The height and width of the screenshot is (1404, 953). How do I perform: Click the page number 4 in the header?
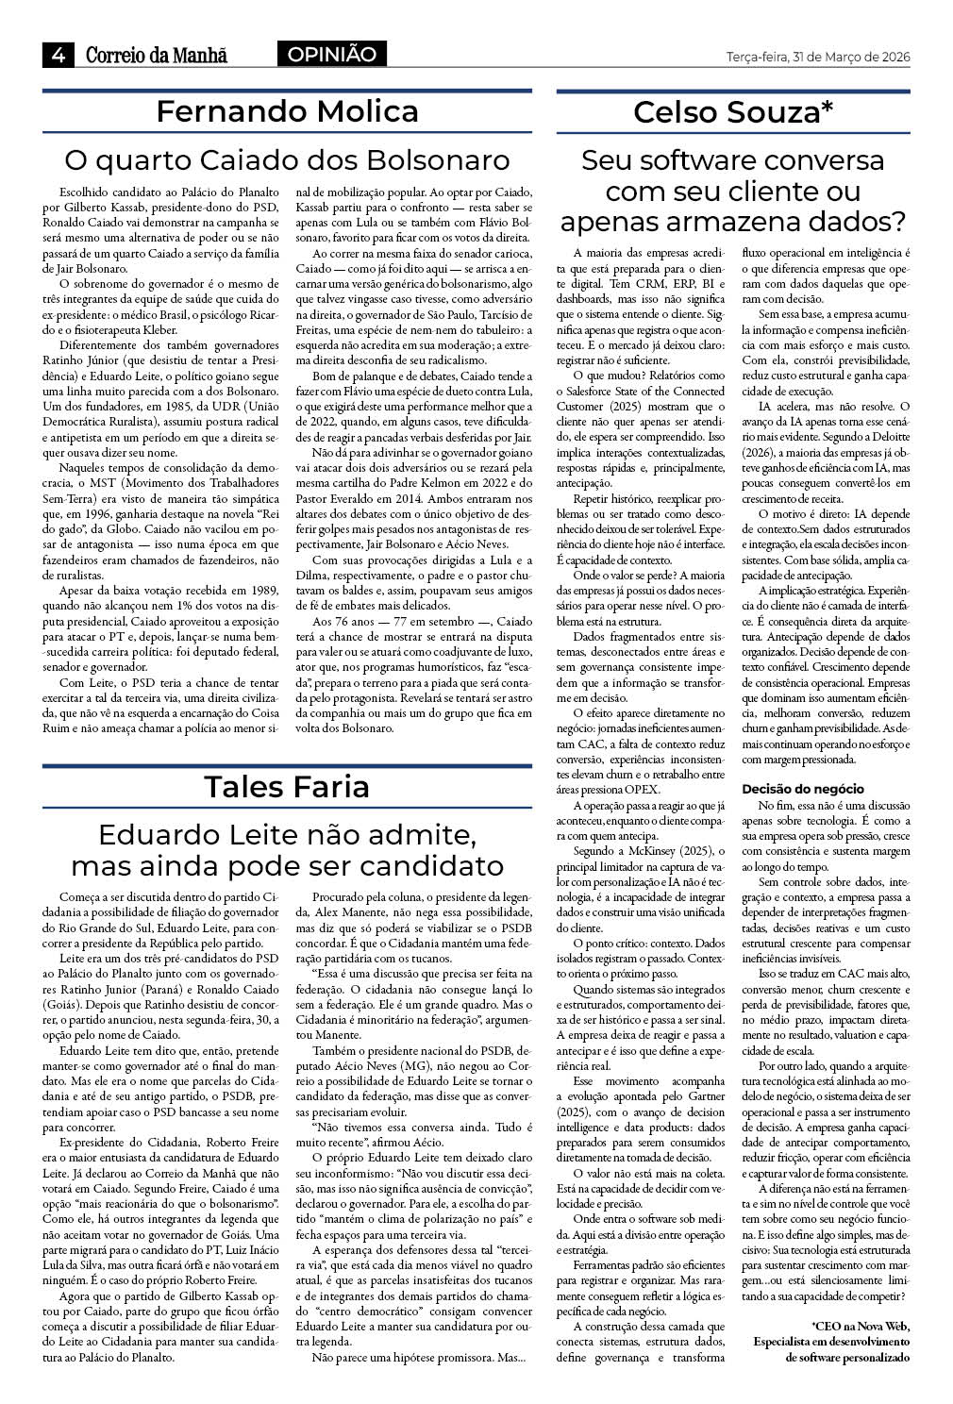[59, 55]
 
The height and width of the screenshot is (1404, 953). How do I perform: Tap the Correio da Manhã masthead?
[157, 56]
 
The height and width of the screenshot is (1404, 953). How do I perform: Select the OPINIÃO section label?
[331, 55]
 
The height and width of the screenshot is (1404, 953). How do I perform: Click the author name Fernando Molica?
[287, 112]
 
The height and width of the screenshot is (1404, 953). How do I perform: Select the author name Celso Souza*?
[733, 112]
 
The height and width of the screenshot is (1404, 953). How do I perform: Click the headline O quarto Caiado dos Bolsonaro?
[287, 159]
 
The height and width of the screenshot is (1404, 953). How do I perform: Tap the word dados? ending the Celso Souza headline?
[859, 222]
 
